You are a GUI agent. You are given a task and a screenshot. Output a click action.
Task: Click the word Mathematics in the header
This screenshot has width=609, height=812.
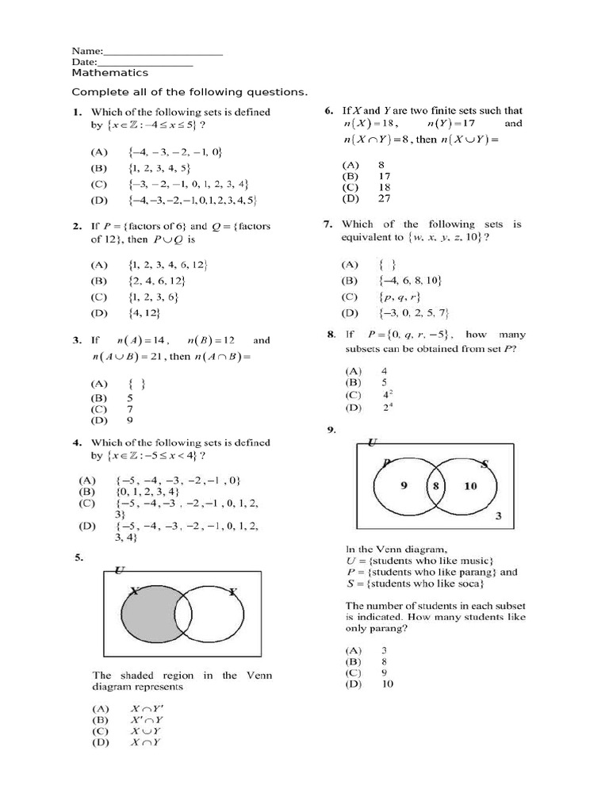point(109,73)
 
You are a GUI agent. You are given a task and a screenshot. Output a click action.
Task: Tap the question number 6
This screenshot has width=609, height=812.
point(327,111)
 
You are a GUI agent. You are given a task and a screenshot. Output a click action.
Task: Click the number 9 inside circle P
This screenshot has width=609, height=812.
point(403,485)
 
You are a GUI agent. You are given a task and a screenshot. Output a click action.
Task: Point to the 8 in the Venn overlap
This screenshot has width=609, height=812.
point(435,486)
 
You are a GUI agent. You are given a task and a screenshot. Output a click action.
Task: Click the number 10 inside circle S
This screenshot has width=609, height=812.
point(470,485)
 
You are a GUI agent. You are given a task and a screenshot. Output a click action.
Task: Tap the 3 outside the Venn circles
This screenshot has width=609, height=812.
point(498,516)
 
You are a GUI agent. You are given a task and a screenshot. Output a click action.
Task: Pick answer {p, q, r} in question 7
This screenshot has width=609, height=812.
point(400,297)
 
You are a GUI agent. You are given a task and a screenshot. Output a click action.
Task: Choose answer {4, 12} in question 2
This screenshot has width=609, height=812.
point(142,315)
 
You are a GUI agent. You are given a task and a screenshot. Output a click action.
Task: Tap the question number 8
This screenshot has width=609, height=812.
point(331,335)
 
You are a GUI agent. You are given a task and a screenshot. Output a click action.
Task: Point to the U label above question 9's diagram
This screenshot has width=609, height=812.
point(373,440)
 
